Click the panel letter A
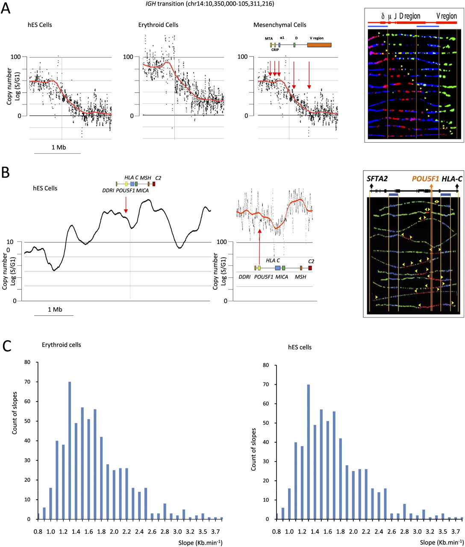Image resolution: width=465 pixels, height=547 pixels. [7, 9]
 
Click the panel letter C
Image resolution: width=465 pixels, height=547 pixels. [7, 345]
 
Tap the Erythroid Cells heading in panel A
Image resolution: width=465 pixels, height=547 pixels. [151, 25]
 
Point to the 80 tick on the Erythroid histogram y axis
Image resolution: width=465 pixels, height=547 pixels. [27, 362]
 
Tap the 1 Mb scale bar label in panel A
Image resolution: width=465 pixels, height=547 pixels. [59, 147]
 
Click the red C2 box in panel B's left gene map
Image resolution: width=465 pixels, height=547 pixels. [153, 196]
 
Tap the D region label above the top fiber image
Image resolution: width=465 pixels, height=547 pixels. [410, 16]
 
